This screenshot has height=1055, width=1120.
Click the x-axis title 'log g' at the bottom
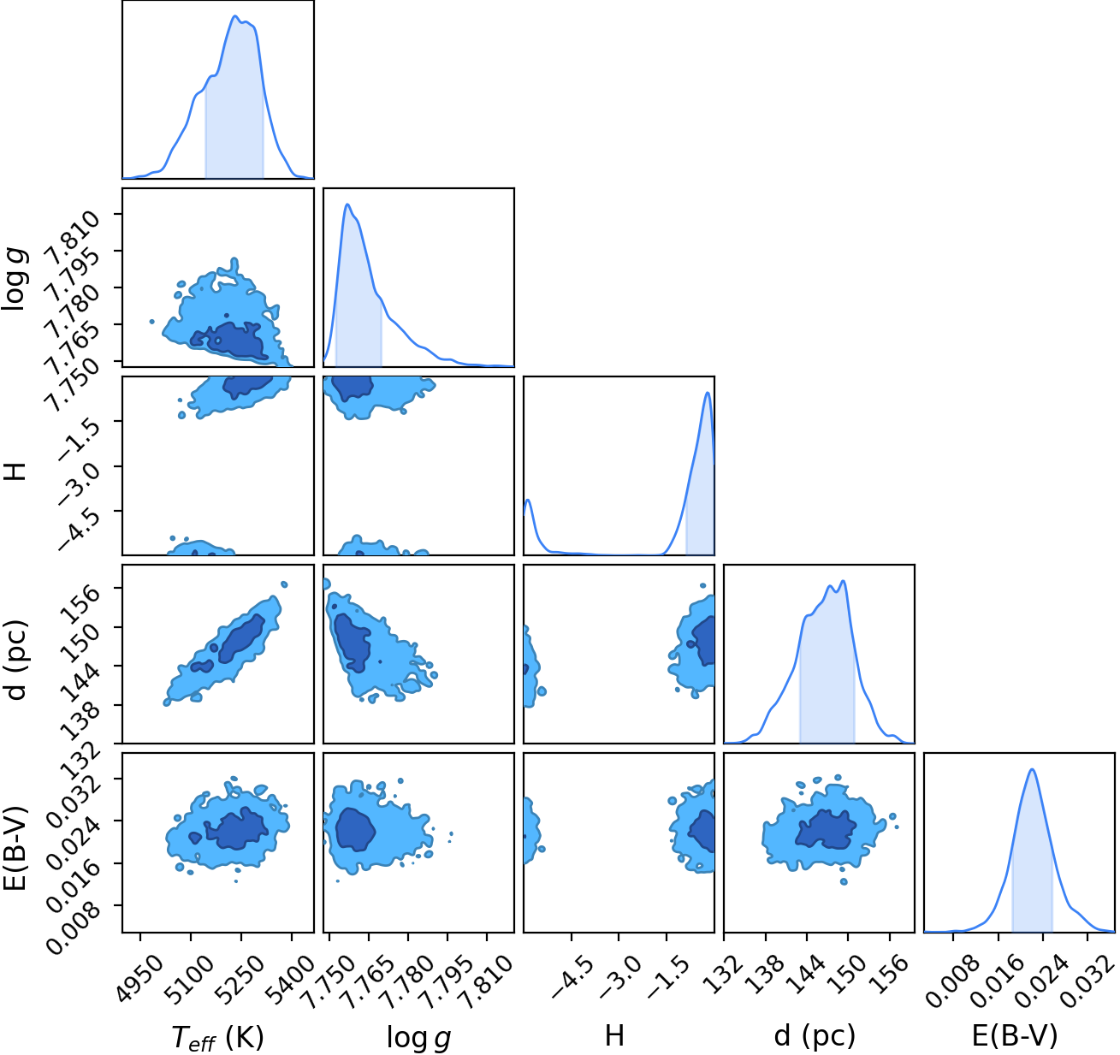pyautogui.click(x=418, y=1036)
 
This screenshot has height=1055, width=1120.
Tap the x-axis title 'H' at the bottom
pyautogui.click(x=614, y=1035)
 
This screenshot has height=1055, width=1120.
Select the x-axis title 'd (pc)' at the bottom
pyautogui.click(x=815, y=1036)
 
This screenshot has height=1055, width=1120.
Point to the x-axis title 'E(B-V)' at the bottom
pyautogui.click(x=1015, y=1036)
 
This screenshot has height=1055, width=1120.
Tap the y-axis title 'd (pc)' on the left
pyautogui.click(x=15, y=660)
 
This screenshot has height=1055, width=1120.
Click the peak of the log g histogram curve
pyautogui.click(x=347, y=204)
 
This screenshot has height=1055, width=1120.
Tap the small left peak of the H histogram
pyautogui.click(x=529, y=500)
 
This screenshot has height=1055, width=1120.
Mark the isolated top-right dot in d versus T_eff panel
pyautogui.click(x=284, y=584)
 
